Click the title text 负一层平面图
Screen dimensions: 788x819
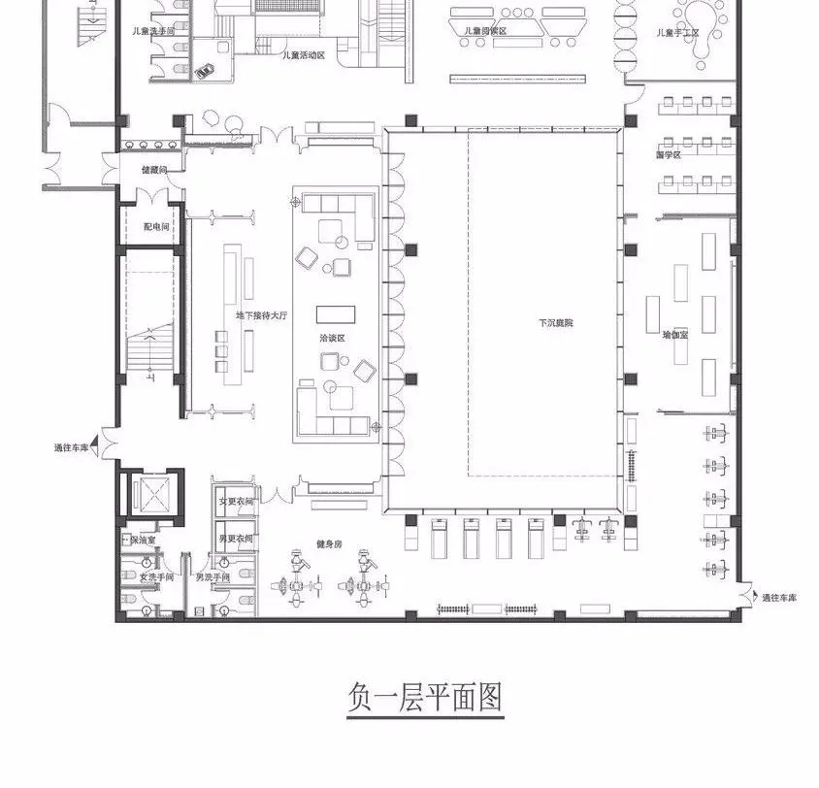[425, 698]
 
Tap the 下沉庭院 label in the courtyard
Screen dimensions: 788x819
[556, 322]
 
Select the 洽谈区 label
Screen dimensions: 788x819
[333, 338]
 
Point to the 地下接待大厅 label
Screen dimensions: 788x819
[262, 315]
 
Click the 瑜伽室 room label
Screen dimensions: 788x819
[675, 334]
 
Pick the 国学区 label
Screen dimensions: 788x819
[669, 154]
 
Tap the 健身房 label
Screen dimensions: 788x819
[328, 544]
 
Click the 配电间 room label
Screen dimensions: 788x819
[156, 226]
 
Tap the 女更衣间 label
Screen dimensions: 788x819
[236, 502]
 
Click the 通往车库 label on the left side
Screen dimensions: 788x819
[73, 447]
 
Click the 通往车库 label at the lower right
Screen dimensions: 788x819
[778, 598]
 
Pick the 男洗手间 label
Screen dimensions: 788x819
[213, 577]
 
